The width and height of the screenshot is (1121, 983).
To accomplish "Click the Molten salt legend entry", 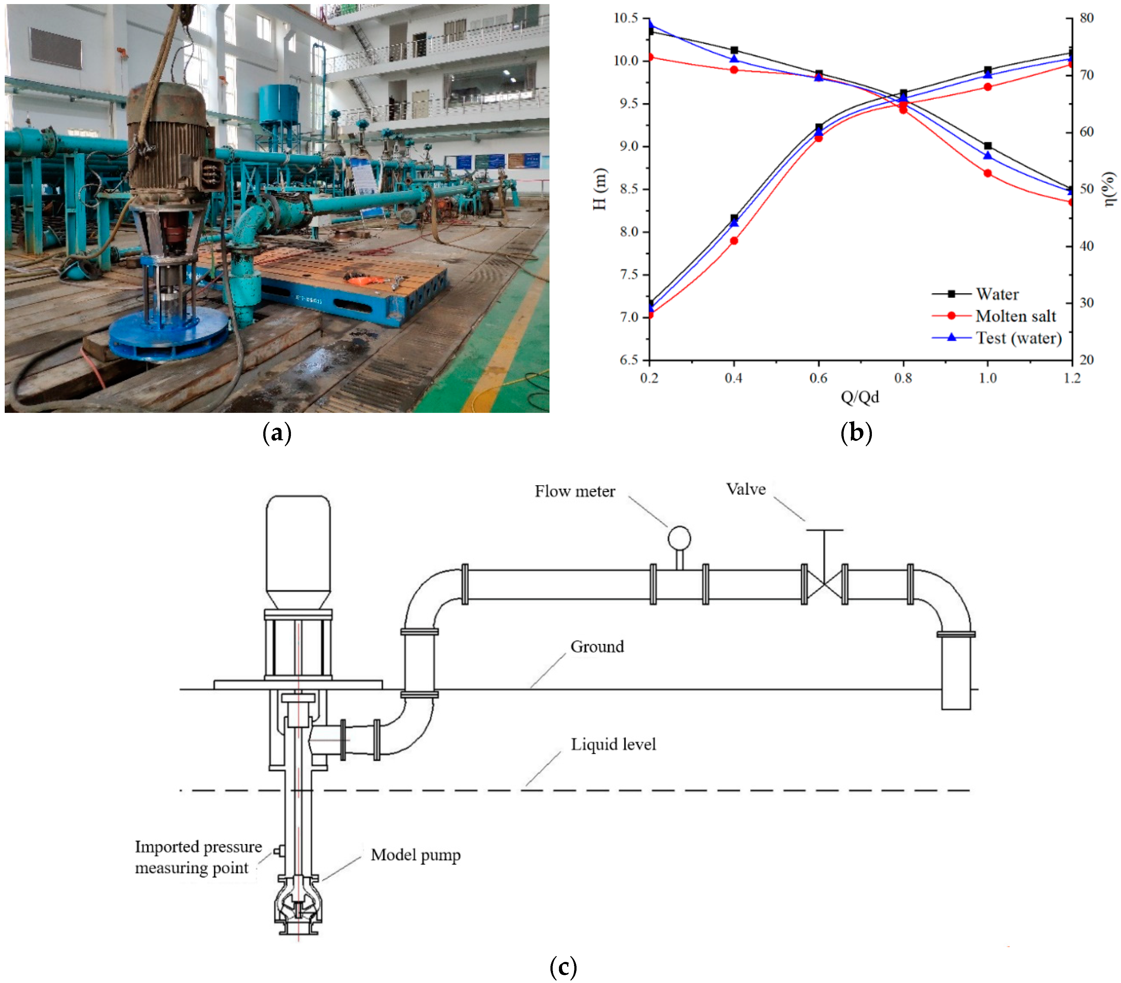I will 1015,316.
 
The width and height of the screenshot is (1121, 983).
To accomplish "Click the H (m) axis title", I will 600,189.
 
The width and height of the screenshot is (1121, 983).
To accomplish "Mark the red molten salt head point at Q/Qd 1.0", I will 987,173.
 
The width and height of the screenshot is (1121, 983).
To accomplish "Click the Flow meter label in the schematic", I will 574,491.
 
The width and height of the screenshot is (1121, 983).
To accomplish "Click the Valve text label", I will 745,489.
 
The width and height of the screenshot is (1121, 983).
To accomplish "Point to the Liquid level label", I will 613,745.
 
